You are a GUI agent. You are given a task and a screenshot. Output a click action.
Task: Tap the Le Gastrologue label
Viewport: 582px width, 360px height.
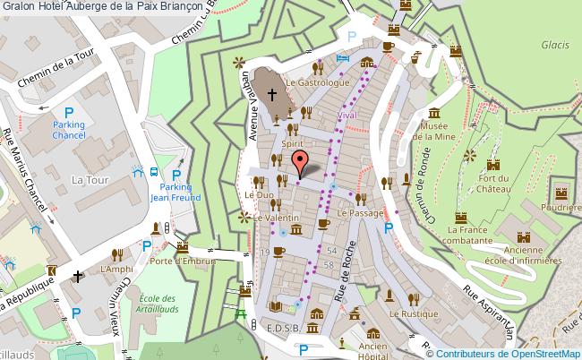317,81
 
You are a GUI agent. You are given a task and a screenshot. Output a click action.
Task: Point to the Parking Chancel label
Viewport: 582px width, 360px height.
68,130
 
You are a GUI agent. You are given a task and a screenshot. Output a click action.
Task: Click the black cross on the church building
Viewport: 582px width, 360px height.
270,92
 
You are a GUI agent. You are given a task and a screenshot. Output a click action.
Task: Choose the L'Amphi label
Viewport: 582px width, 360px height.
116,268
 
